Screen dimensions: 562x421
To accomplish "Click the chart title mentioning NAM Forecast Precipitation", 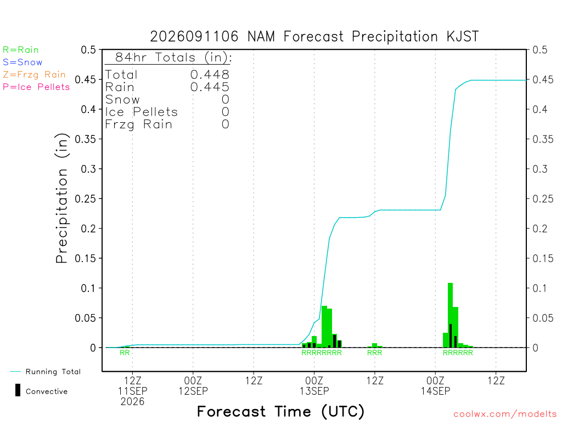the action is tap(314, 37).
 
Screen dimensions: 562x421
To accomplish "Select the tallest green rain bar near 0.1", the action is tap(450, 315).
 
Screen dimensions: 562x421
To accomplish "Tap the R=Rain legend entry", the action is tap(21, 50).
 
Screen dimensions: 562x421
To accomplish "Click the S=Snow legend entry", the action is tap(23, 62).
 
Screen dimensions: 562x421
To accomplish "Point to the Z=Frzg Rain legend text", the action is tap(34, 75).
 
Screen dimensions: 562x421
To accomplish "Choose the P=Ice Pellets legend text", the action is tap(36, 87).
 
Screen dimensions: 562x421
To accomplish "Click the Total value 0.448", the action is tap(210, 75).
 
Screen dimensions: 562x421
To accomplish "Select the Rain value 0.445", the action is tap(210, 87).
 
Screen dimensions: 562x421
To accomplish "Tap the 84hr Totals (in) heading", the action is tap(173, 57).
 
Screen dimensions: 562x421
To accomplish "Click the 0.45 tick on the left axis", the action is tap(86, 79).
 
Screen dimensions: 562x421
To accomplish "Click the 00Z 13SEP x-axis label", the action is tap(314, 385).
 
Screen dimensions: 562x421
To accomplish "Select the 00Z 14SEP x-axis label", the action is tap(435, 385).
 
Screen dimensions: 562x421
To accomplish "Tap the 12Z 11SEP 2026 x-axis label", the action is tap(133, 391).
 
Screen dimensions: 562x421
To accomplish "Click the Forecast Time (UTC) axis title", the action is tap(280, 412).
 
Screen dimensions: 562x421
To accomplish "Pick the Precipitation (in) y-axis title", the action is tap(61, 198).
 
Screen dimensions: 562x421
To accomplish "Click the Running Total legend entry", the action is tap(46, 372).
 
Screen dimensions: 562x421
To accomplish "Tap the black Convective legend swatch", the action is tap(18, 390).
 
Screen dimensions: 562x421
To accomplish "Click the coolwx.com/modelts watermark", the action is tap(505, 414).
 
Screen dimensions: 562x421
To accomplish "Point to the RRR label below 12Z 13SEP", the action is tap(374, 352).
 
